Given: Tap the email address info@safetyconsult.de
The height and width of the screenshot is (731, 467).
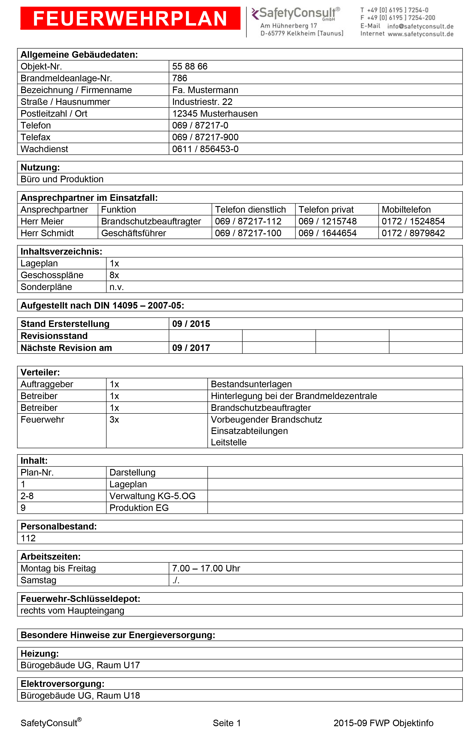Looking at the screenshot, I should click(x=420, y=26).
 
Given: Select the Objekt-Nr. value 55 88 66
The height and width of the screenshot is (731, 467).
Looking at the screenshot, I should click(x=190, y=66).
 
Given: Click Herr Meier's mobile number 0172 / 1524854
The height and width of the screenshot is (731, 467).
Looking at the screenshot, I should click(x=413, y=221).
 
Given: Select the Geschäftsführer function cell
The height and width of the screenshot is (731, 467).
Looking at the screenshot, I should click(x=134, y=233).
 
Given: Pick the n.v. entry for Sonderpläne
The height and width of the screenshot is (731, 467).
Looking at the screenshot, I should click(x=117, y=287).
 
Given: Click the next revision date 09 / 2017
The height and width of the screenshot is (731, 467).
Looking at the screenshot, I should click(x=191, y=348).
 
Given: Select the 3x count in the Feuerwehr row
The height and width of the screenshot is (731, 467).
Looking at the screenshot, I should click(x=114, y=420).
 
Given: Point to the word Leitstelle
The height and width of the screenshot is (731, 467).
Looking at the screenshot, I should click(x=229, y=442).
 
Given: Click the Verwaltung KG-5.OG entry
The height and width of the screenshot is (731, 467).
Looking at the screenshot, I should click(x=153, y=496).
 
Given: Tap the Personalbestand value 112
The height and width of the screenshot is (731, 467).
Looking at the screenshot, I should click(x=28, y=538).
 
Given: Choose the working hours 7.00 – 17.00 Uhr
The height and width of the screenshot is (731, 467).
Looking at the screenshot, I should click(x=206, y=568).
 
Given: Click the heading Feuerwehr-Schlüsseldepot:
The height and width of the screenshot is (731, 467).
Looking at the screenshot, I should click(x=80, y=599).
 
